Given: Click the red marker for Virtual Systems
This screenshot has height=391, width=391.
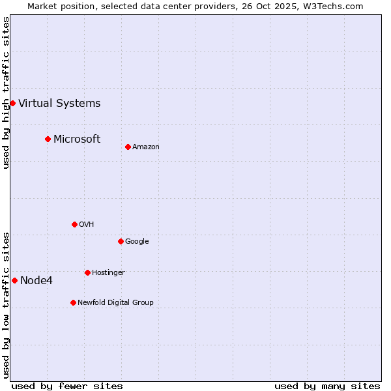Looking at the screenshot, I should [x=12, y=103].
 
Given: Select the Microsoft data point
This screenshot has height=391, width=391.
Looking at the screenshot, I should [x=48, y=139].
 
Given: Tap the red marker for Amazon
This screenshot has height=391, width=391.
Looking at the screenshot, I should [x=128, y=147].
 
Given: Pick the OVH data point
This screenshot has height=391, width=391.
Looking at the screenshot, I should [x=74, y=224].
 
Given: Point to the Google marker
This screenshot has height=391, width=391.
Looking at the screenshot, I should [x=121, y=241].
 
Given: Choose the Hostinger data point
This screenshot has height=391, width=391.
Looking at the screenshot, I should [x=87, y=272].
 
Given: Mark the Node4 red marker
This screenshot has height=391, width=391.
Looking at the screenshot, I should [x=14, y=280].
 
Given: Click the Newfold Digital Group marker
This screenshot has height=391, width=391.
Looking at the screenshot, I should [x=73, y=302].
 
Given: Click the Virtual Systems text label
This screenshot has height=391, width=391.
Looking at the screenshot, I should [x=59, y=103].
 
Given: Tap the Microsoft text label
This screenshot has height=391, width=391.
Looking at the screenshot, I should [x=77, y=139].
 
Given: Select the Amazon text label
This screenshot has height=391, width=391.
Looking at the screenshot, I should [x=146, y=147].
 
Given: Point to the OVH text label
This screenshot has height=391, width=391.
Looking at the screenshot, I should [x=87, y=225].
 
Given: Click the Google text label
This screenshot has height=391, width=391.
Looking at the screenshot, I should [x=137, y=242].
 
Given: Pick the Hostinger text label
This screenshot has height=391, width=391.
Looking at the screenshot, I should [x=108, y=273].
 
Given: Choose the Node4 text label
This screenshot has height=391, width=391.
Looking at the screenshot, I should [x=36, y=281].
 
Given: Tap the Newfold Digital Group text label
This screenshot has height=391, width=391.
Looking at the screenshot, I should [x=115, y=303].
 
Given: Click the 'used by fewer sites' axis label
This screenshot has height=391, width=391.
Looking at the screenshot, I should [x=67, y=386].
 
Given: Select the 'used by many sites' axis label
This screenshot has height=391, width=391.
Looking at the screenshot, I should [x=327, y=386].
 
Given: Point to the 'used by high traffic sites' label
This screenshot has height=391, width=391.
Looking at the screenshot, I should [x=6, y=93].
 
